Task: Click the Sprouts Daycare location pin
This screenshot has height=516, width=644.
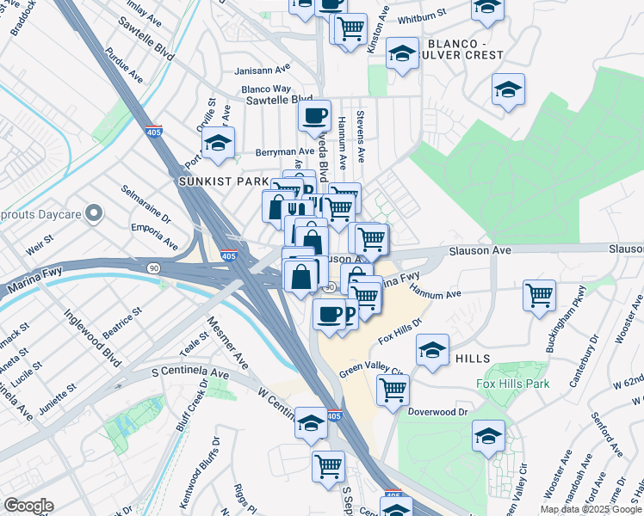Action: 95,212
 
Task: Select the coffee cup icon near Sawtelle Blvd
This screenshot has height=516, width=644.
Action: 314,114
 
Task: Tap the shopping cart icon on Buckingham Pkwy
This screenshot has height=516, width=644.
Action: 539,295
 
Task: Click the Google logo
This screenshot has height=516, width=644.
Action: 28,506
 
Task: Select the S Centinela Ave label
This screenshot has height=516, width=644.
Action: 189,374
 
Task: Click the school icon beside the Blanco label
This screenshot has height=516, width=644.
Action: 402,54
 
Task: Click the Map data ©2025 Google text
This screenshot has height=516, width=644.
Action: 590,509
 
